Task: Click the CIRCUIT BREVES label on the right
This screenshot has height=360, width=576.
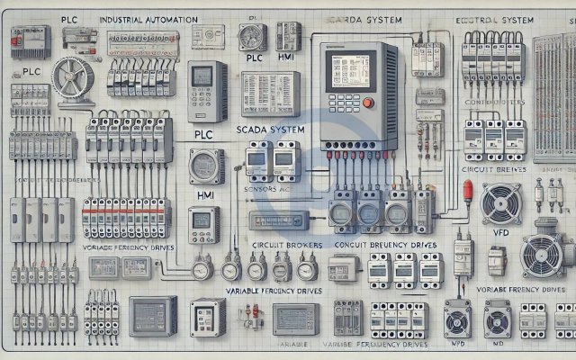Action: click(x=492, y=166)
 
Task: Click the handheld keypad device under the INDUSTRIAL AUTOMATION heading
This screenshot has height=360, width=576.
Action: click(x=208, y=91)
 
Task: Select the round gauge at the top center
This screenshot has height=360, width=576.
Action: click(x=251, y=36)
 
